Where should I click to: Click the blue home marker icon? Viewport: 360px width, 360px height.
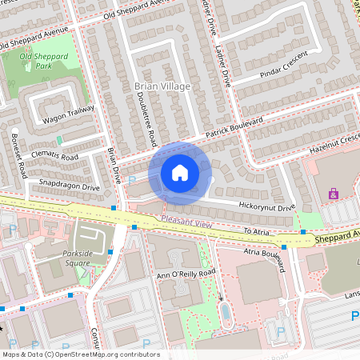tap(180, 173)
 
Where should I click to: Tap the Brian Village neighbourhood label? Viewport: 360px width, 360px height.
tap(162, 86)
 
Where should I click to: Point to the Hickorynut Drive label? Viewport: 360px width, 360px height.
tap(266, 207)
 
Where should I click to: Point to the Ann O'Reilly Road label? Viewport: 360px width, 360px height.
tap(186, 273)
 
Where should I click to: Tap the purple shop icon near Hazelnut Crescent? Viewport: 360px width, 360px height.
tap(334, 194)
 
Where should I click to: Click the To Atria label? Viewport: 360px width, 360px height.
tap(258, 231)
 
